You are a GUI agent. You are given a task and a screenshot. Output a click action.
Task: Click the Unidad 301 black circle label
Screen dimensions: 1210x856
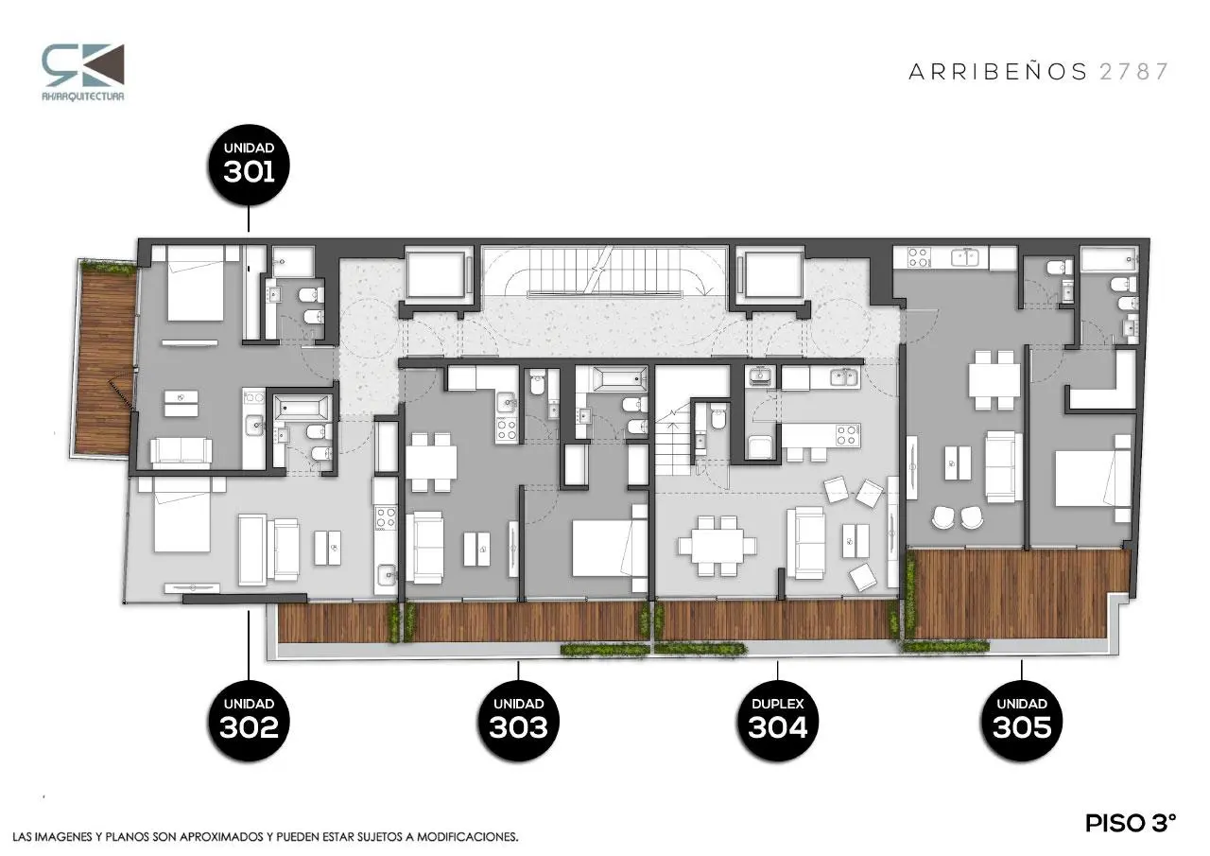(249, 165)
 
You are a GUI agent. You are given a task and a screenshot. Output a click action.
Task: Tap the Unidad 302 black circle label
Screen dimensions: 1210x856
(249, 721)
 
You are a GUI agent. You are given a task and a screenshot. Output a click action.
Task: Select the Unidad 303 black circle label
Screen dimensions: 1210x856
(518, 721)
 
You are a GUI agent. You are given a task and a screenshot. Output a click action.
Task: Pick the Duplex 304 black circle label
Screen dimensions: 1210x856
(777, 721)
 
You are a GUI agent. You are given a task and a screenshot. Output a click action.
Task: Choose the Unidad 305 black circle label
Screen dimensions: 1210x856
(1021, 721)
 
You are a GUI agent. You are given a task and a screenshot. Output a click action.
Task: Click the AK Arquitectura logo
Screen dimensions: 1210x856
(83, 72)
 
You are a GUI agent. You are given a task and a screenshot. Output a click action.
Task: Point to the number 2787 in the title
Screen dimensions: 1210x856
(1133, 72)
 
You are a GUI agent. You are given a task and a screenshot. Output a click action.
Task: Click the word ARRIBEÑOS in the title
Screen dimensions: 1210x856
(997, 71)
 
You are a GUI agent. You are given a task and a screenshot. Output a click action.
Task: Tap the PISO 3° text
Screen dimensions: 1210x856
(1130, 823)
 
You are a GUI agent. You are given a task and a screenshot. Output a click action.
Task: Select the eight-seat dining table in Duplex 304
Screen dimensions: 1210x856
(717, 545)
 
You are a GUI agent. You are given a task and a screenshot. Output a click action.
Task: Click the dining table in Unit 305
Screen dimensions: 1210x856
(994, 380)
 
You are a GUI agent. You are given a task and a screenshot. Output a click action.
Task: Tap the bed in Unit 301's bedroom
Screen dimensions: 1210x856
(196, 283)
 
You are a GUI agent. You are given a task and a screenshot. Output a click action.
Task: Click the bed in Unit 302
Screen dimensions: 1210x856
(181, 515)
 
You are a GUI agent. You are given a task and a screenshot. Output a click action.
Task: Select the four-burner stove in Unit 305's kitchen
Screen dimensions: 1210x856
(918, 256)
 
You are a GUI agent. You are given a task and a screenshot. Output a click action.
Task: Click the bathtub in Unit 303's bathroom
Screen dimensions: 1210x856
(619, 379)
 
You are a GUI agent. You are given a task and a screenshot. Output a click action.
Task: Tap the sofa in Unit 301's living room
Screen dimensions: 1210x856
(181, 453)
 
